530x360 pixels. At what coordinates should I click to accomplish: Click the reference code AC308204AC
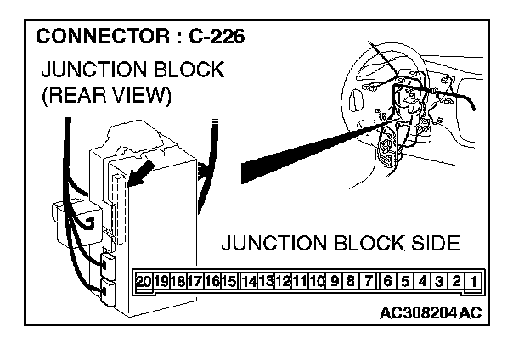point(431,312)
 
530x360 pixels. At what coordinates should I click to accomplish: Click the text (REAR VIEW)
point(106,96)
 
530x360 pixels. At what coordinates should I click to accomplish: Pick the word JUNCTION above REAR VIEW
point(93,70)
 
